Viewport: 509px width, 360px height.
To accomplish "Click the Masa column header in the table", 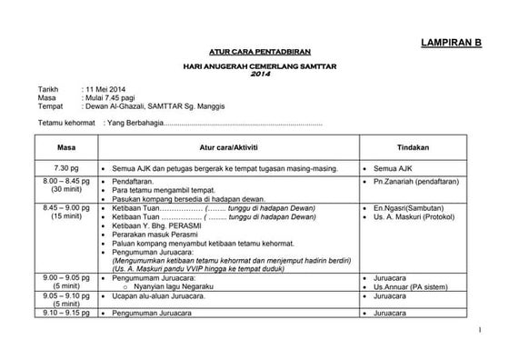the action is [x=65, y=147].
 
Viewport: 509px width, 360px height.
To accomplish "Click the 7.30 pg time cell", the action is [x=66, y=169].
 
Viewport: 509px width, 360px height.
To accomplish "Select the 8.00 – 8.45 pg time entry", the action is [x=66, y=182].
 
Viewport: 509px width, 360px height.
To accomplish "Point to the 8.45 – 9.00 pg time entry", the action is [x=66, y=208].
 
